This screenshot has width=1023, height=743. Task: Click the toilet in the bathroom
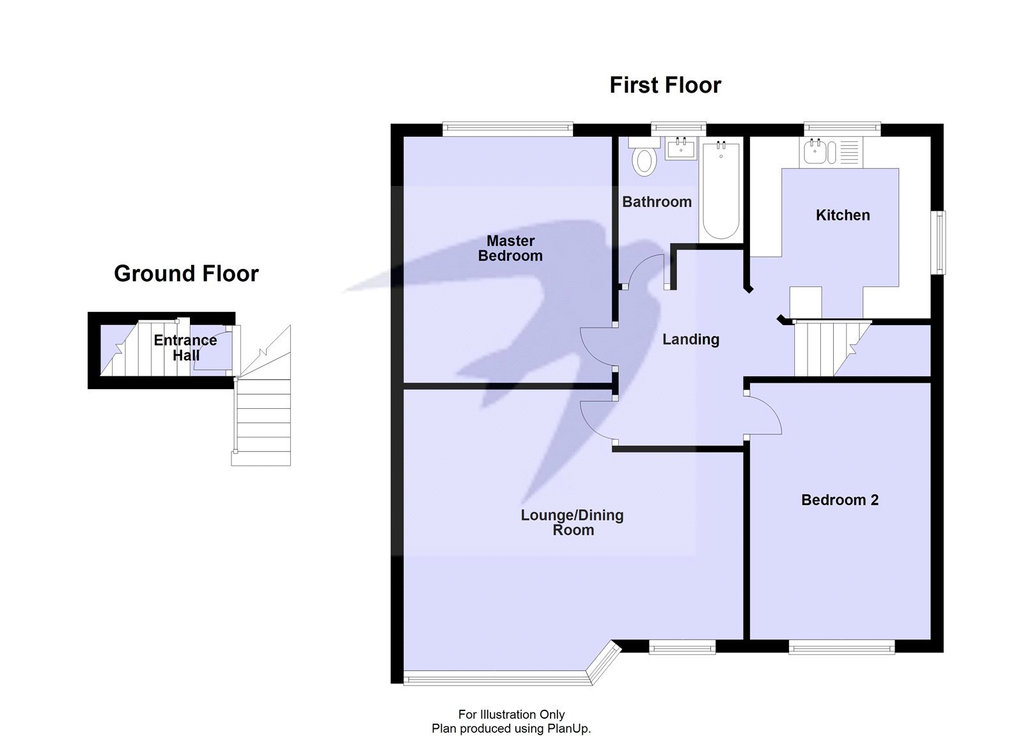pyautogui.click(x=644, y=160)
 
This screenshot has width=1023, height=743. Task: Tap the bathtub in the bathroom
pyautogui.click(x=721, y=191)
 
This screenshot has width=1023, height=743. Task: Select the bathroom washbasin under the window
pyautogui.click(x=680, y=149)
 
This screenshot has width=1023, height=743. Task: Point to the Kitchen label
pyautogui.click(x=842, y=215)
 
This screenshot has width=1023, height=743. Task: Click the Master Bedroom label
pyautogui.click(x=510, y=249)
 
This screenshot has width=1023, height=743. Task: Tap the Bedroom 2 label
pyautogui.click(x=839, y=500)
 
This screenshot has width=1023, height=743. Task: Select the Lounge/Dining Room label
pyautogui.click(x=572, y=523)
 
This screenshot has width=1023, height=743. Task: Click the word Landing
pyautogui.click(x=691, y=340)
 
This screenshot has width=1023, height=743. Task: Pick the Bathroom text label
pyautogui.click(x=657, y=202)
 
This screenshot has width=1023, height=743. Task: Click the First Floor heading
pyautogui.click(x=665, y=85)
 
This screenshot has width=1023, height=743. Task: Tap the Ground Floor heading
pyautogui.click(x=186, y=273)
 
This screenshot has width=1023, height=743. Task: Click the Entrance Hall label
pyautogui.click(x=185, y=348)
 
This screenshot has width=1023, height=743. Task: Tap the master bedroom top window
pyautogui.click(x=508, y=129)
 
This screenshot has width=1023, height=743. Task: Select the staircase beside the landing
pyautogui.click(x=825, y=349)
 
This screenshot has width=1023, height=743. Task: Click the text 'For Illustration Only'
pyautogui.click(x=511, y=714)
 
